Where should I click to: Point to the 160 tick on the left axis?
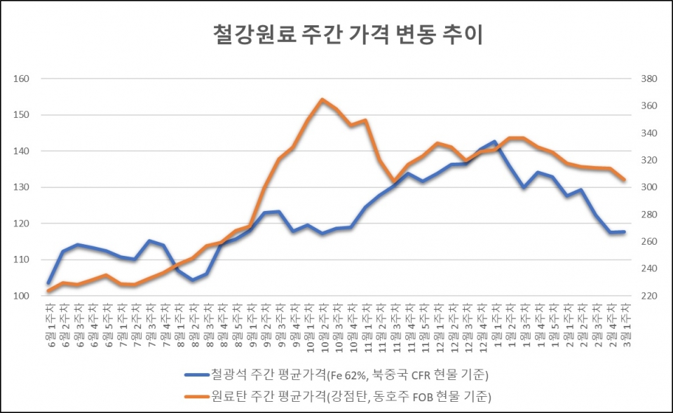point(22,79)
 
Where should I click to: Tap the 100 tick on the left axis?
point(22,296)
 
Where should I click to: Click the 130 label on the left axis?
point(22,187)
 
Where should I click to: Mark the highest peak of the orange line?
point(322,100)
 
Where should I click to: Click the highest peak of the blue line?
point(495,142)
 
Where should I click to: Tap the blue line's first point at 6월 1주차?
point(49,283)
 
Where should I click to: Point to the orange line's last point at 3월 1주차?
point(623,180)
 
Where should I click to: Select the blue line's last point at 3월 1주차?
point(623,231)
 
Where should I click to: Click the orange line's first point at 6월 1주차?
point(49,290)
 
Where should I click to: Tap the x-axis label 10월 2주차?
point(322,323)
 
